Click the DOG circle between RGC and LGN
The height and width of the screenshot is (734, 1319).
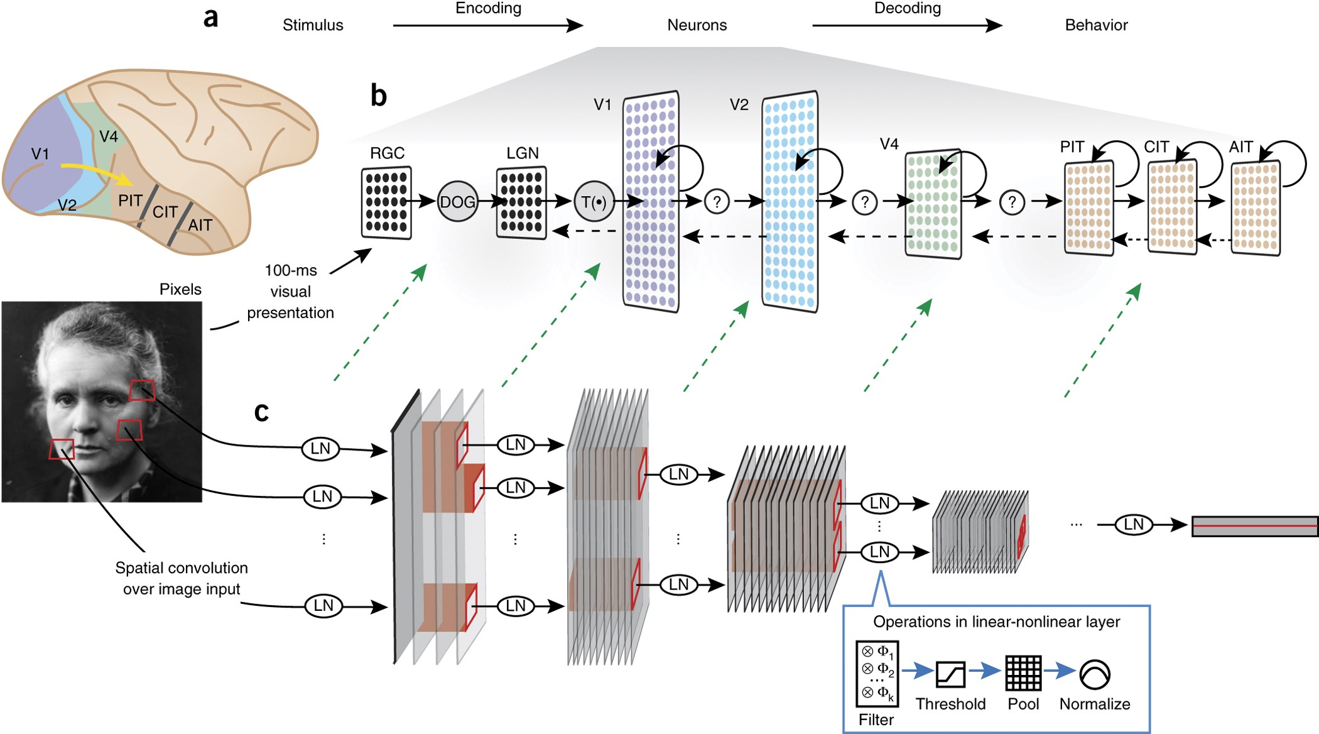pos(457,202)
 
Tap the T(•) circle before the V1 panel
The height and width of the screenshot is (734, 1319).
pos(594,202)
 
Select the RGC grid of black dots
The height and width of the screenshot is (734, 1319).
pos(386,202)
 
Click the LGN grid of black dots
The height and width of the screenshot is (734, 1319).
pos(521,202)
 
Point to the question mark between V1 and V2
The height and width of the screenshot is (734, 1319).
pos(717,202)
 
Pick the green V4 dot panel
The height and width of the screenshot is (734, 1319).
pos(933,203)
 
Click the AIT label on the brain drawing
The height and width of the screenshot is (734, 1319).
pos(200,225)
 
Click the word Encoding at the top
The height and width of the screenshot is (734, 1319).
pos(488,8)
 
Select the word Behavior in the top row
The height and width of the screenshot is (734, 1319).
pos(1096,25)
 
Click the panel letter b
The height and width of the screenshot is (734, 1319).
pos(378,96)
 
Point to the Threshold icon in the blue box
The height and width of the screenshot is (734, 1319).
pos(950,674)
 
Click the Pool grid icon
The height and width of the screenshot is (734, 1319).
pos(1023,673)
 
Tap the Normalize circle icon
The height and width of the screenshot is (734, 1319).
pos(1095,674)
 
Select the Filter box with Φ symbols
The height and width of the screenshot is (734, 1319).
pos(877,674)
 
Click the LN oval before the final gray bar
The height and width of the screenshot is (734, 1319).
pos(1133,524)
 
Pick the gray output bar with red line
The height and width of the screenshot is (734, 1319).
pos(1254,526)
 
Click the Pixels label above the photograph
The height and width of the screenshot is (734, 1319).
pos(180,289)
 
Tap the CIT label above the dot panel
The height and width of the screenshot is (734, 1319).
pos(1156,147)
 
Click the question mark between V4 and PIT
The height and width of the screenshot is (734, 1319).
pos(1012,202)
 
